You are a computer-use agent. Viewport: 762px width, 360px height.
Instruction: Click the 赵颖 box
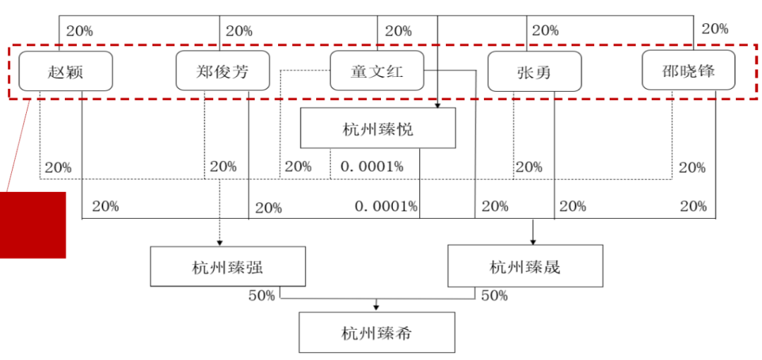(x=66, y=71)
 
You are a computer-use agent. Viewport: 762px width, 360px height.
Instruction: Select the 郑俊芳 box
(x=222, y=71)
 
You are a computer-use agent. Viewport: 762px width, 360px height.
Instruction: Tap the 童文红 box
(x=377, y=71)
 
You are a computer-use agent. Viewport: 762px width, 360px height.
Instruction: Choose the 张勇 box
(x=535, y=71)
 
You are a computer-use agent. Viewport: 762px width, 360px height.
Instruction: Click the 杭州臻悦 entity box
(x=377, y=128)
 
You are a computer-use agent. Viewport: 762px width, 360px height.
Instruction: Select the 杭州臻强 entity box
(x=228, y=266)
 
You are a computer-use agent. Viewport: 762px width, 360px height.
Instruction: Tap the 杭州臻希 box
(x=377, y=332)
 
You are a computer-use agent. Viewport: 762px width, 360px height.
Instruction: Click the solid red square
(x=32, y=224)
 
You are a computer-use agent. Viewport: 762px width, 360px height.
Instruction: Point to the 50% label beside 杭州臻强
(x=262, y=295)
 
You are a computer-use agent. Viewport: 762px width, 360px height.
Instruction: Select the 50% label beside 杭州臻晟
(x=494, y=295)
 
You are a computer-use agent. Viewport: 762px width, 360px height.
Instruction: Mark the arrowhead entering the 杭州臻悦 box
(x=437, y=105)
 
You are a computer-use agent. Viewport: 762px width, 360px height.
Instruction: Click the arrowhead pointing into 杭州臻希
(x=375, y=308)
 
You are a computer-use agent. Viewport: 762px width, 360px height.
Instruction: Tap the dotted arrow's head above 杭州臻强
(x=219, y=242)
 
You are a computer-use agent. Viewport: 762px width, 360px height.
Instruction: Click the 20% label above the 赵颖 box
(x=80, y=30)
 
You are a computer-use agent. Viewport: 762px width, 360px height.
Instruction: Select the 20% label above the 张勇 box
(x=545, y=30)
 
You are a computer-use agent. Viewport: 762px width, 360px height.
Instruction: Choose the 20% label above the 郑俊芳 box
(x=239, y=30)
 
